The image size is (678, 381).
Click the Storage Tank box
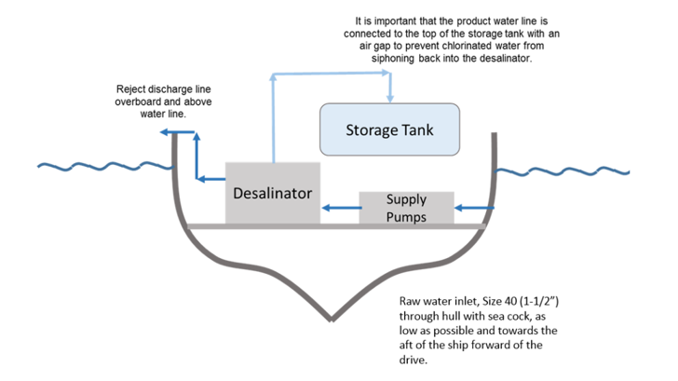389,129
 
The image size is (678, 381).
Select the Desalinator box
273,193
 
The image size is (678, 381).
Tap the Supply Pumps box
406,209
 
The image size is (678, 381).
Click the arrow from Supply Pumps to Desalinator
340,209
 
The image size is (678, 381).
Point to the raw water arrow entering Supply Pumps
474,209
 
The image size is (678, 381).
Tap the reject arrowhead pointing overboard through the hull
165,134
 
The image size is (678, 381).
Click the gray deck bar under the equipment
335,226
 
